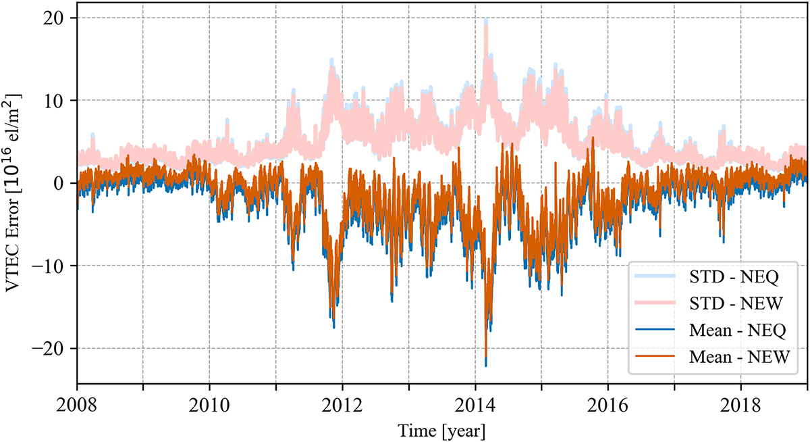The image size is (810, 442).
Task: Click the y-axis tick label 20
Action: click(x=59, y=18)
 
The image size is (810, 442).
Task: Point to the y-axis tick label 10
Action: click(x=59, y=100)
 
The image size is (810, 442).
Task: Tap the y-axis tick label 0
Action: click(x=63, y=183)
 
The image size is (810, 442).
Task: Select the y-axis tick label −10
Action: click(x=55, y=266)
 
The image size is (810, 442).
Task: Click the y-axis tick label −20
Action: click(x=55, y=348)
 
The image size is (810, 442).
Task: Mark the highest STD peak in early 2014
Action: click(x=486, y=20)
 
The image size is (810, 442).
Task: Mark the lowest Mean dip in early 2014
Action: click(x=486, y=366)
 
